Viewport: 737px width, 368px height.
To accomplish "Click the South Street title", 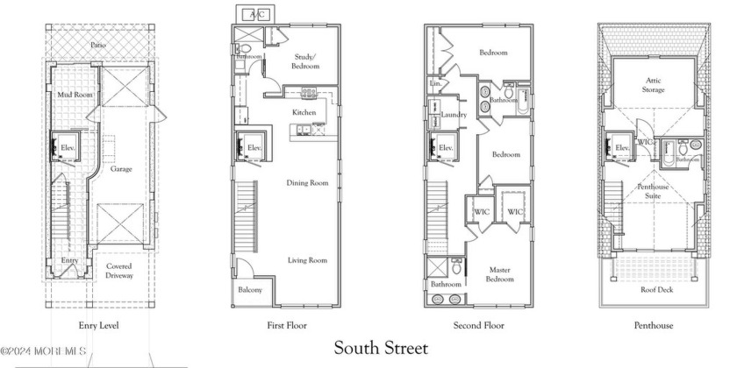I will click(381, 349).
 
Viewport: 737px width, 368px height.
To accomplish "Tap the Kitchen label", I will click(304, 113).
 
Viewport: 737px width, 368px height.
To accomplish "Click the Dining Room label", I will click(306, 183).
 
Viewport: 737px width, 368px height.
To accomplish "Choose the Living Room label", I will click(306, 260).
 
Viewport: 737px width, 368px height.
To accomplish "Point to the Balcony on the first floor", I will click(250, 290).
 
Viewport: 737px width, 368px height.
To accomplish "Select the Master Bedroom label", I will click(499, 273).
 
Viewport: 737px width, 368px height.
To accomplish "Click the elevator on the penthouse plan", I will click(622, 148).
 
